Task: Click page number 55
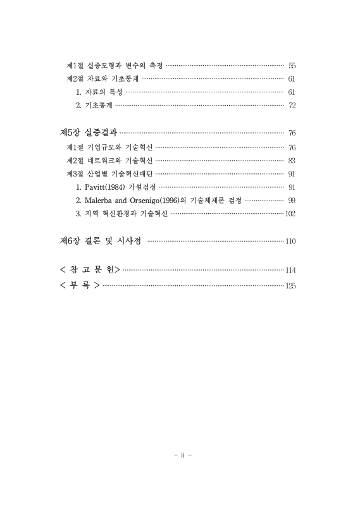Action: click(292, 66)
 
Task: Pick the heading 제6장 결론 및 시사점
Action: click(100, 241)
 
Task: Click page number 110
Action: click(290, 242)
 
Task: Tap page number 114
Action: click(290, 271)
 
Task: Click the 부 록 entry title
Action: click(79, 285)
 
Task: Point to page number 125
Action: click(290, 286)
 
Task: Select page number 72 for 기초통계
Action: click(292, 106)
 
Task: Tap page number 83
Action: click(292, 161)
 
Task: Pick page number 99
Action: click(292, 201)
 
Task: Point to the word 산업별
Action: click(97, 174)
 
